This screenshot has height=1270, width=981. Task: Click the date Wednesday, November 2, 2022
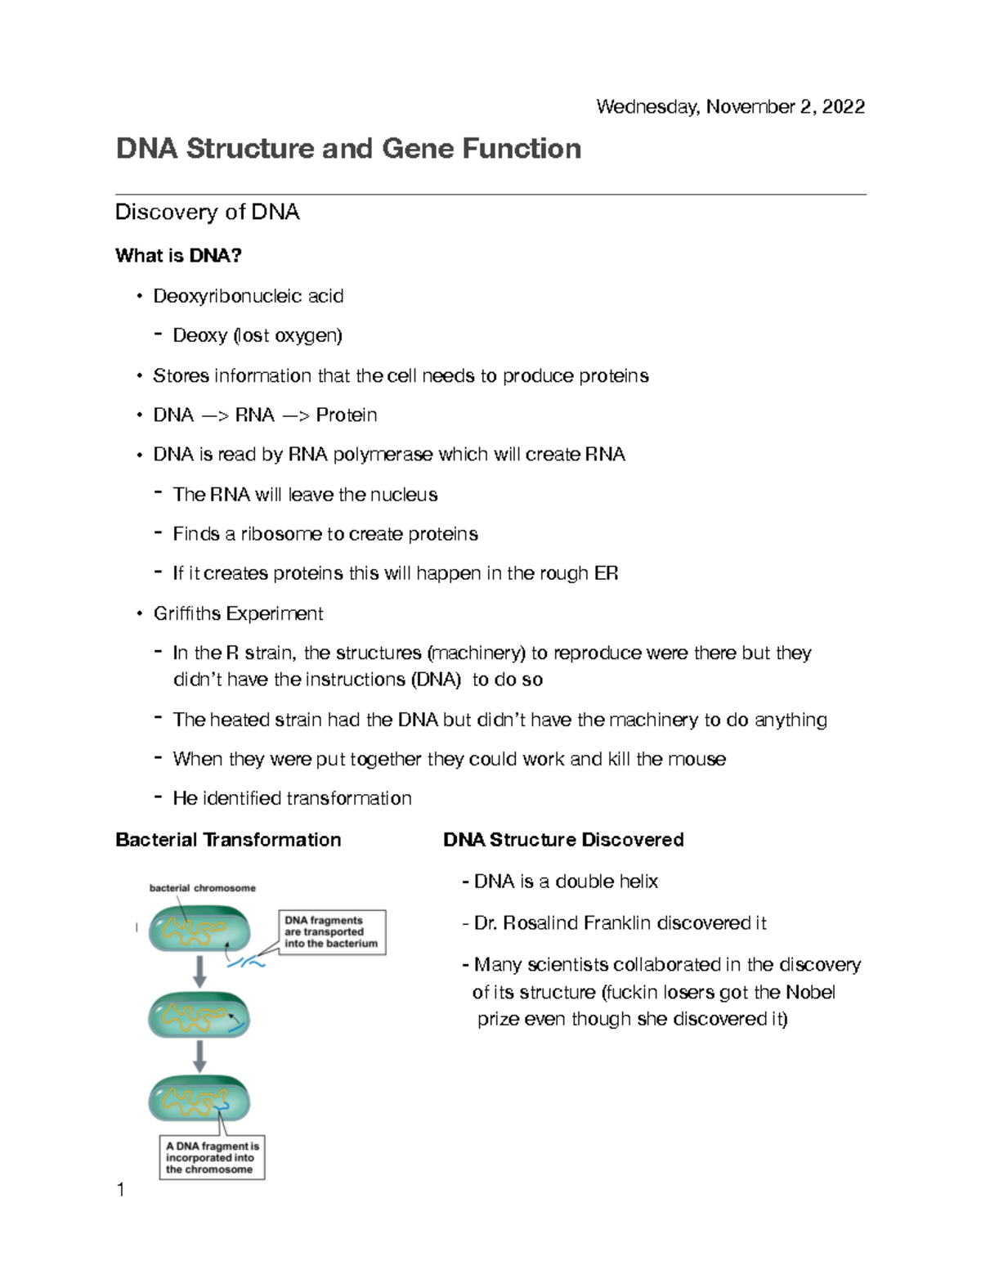coord(730,107)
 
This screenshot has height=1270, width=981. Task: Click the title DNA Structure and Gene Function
coord(348,149)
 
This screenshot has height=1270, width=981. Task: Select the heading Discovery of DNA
coord(207,213)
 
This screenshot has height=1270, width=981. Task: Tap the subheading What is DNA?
coord(178,256)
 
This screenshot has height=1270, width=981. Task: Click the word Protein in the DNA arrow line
coord(347,415)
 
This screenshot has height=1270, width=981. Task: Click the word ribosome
coord(281,534)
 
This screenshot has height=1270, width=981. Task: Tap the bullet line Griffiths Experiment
coord(238,613)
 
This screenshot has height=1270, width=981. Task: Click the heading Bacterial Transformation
coord(228,840)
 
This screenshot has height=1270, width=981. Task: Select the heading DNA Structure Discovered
coord(563,840)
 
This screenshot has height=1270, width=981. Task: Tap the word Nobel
coord(809,993)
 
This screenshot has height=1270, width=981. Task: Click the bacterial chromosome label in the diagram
coord(202,888)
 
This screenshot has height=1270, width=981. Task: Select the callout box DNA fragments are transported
coord(331,932)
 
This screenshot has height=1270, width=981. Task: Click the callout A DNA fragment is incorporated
coord(212,1158)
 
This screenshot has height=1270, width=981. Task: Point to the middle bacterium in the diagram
coord(199,1016)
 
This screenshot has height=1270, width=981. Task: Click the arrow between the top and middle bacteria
coord(199,972)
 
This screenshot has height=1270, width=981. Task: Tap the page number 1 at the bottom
coord(121,1191)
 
